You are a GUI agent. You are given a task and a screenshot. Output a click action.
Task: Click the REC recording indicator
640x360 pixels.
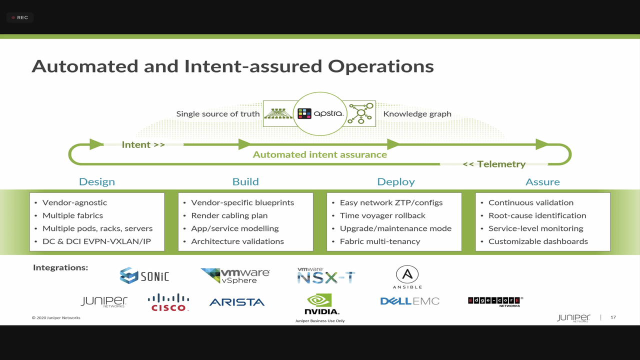19,17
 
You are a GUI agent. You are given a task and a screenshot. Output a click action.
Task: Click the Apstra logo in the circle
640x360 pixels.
320,113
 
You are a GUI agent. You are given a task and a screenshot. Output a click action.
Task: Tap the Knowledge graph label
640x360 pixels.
417,113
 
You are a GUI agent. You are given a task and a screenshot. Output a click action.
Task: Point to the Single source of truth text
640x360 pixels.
217,113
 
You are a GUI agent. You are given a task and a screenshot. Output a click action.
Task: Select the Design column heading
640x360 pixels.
97,181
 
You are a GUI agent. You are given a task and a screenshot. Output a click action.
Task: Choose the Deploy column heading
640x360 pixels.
395,182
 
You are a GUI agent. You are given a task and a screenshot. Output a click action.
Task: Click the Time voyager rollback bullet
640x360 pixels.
382,215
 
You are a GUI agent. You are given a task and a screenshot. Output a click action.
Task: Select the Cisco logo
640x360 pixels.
168,302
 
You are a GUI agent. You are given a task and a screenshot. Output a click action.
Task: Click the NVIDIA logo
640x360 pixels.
321,303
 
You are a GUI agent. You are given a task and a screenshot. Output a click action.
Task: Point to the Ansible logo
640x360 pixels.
407,277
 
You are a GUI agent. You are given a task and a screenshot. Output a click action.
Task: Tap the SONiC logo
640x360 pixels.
144,275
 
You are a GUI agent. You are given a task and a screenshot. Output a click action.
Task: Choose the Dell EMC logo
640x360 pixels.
409,301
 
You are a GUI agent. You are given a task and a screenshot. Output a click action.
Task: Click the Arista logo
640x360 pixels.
237,302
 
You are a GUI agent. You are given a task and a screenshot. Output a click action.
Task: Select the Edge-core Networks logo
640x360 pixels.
495,301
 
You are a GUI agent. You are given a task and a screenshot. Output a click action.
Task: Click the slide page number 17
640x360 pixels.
613,317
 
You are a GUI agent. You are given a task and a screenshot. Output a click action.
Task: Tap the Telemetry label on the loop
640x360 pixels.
494,164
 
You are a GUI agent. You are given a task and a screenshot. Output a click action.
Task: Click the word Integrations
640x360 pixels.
60,267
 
